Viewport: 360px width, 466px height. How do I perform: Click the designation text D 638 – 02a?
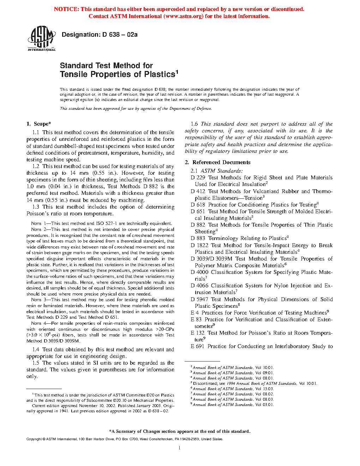pos(100,35)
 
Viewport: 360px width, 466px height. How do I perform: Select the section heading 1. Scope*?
pos(39,124)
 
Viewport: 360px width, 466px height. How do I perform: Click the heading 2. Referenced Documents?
pos(217,162)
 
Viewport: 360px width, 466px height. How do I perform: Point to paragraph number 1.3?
pos(36,207)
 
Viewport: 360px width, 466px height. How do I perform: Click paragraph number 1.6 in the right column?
pos(194,124)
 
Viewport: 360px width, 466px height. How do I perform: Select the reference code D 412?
pos(198,191)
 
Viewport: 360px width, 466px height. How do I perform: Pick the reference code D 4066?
pos(199,286)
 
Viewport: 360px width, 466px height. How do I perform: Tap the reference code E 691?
pos(197,346)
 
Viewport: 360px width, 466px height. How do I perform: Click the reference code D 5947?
pos(199,299)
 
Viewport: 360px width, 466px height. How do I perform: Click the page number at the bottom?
pos(180,448)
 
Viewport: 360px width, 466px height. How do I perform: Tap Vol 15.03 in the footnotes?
pos(264,389)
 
